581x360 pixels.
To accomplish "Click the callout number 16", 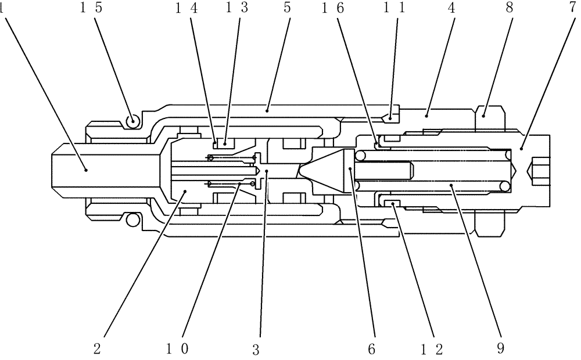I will pos(329,9).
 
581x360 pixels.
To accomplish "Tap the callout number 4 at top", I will pos(450,9).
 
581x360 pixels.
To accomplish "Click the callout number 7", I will pos(569,9).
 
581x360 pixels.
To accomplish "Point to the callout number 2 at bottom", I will pos(98,348).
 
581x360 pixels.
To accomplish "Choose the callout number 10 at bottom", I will pos(177,348).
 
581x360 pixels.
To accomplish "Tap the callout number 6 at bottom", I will pos(372,348).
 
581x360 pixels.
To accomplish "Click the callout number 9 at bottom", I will pos(501,348).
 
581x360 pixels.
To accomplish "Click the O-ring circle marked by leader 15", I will pos(134,121).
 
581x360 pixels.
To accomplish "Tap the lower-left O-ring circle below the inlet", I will pos(134,219).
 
